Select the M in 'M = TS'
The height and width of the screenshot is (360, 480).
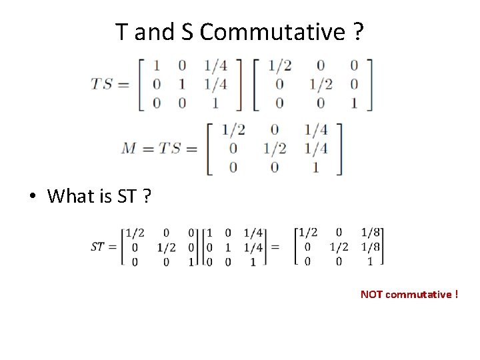coord(129,148)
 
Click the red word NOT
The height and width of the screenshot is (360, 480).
coord(371,294)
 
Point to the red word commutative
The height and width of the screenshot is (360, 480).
coord(419,294)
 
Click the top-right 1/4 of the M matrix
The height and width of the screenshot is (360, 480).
coord(315,129)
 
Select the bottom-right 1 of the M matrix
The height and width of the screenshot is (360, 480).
coord(315,167)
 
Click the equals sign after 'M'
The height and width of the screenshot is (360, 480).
coord(147,148)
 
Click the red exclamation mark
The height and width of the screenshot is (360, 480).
coord(457,294)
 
